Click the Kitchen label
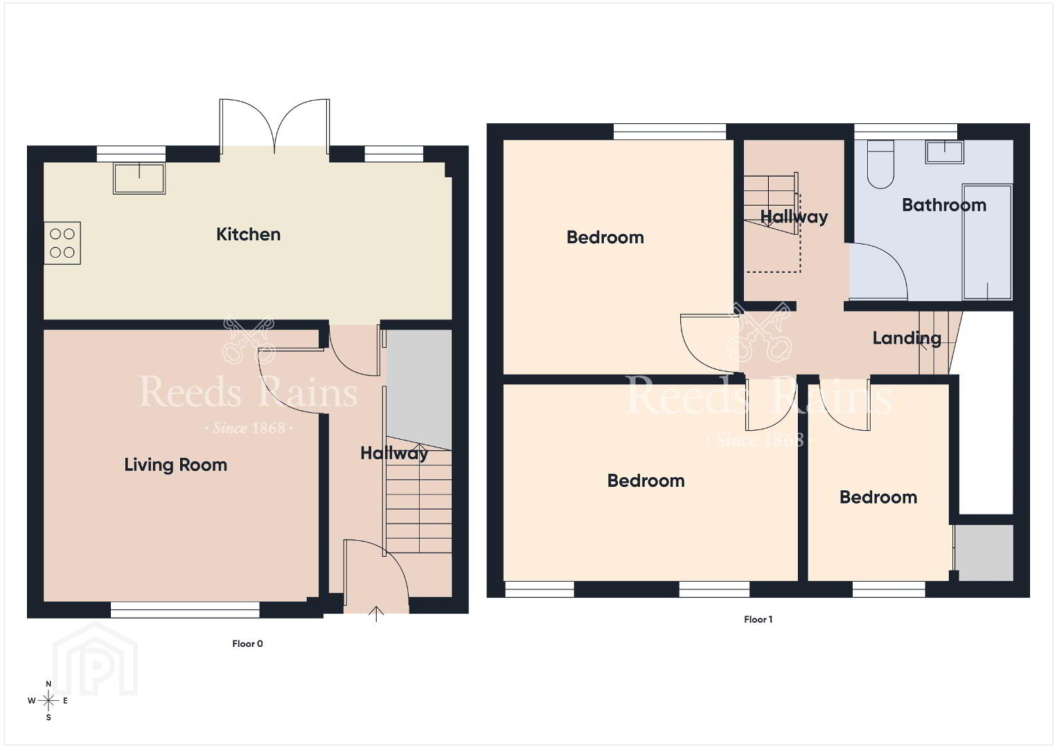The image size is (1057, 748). click(x=248, y=235)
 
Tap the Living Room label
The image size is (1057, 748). click(x=175, y=465)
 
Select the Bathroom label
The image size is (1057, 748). click(x=943, y=205)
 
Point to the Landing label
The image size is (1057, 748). click(x=907, y=339)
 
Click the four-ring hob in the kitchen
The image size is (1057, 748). click(x=62, y=243)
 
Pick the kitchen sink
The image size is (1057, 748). click(x=139, y=179)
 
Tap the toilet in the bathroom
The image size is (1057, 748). click(x=880, y=164)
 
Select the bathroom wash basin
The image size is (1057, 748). click(x=944, y=152)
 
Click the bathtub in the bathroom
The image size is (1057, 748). click(x=987, y=242)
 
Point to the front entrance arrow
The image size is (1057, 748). click(x=375, y=614)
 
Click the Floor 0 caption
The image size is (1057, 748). click(x=247, y=643)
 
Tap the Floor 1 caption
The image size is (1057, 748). click(x=758, y=620)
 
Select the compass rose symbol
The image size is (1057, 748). click(x=48, y=701)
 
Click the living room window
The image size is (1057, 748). click(x=185, y=609)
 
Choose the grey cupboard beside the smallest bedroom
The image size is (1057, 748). click(x=984, y=553)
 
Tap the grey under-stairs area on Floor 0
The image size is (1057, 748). click(x=419, y=388)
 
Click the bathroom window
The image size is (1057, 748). click(x=905, y=132)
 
